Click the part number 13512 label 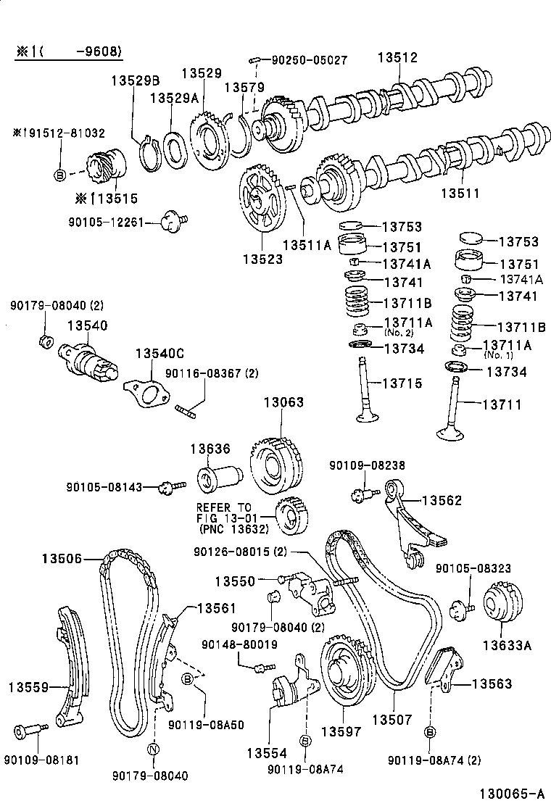(397, 58)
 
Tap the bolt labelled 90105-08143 (167, 488)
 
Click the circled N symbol (152, 749)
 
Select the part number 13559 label (29, 686)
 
